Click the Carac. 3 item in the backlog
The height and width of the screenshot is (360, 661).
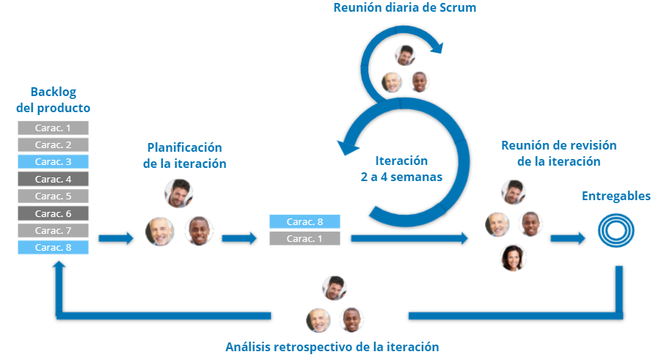(x=53, y=161)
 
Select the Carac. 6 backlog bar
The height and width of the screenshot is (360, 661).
(x=53, y=213)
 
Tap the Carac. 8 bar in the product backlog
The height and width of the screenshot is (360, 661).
(x=53, y=247)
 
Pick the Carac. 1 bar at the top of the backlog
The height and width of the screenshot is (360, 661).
(x=53, y=128)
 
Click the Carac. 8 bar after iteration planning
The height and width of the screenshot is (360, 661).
(x=304, y=221)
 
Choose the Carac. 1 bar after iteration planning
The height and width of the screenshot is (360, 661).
(x=304, y=238)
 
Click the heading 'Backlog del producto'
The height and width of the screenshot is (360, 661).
(x=53, y=100)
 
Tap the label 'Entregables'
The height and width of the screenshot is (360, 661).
(x=616, y=196)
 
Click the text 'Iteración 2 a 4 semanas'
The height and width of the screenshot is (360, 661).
(x=401, y=169)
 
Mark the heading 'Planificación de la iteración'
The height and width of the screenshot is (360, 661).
(x=184, y=155)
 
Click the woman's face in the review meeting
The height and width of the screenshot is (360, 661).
(x=511, y=257)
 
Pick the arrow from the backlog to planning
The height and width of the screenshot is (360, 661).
(x=116, y=238)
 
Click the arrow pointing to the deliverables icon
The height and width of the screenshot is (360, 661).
(x=568, y=238)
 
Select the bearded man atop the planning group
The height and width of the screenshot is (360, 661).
(x=178, y=194)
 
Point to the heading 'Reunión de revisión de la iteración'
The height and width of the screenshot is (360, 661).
(x=558, y=153)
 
